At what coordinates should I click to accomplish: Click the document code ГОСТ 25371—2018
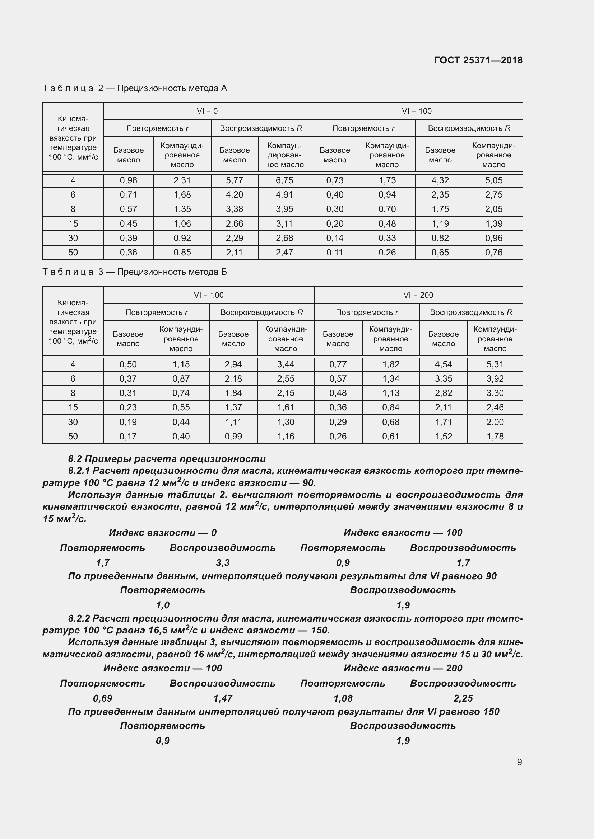click(x=478, y=60)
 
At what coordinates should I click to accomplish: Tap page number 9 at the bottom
click(x=519, y=762)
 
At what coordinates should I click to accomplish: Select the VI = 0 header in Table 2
click(x=207, y=111)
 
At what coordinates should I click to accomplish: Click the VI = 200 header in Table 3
click(x=418, y=295)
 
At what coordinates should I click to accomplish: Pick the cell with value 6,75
click(x=284, y=180)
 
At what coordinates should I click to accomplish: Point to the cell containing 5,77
click(x=234, y=180)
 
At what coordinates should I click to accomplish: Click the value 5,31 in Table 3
click(x=495, y=364)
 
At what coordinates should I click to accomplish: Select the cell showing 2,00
click(x=495, y=422)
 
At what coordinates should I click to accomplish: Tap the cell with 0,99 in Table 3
click(x=233, y=436)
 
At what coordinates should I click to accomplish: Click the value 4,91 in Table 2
click(x=284, y=194)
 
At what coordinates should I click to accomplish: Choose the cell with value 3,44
click(x=285, y=364)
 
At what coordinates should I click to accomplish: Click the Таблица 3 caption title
click(x=135, y=272)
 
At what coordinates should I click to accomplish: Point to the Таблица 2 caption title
click(x=135, y=88)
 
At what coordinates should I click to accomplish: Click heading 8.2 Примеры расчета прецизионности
click(x=167, y=459)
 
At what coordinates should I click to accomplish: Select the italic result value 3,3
click(x=222, y=563)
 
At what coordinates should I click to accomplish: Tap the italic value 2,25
click(x=463, y=698)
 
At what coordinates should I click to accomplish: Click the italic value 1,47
click(x=222, y=698)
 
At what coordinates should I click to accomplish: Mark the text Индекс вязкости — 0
click(x=163, y=532)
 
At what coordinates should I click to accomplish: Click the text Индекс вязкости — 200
click(x=403, y=668)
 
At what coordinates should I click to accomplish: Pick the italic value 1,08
click(x=343, y=698)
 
